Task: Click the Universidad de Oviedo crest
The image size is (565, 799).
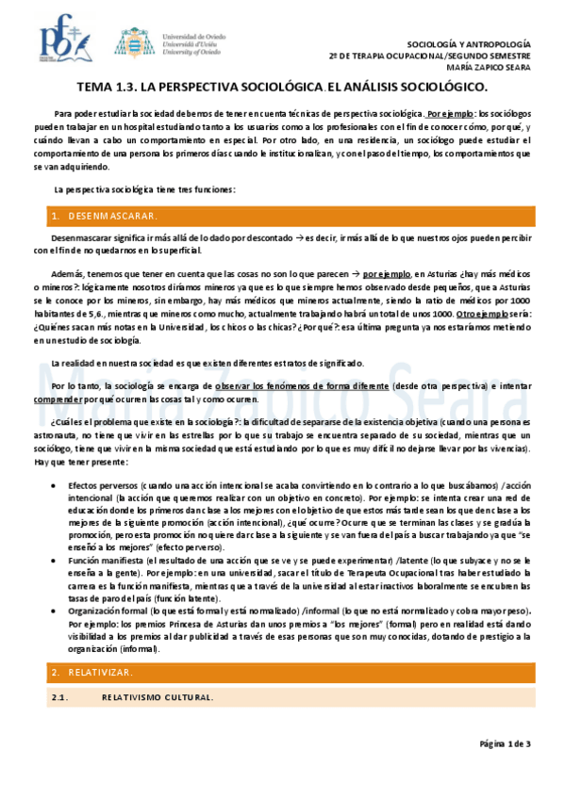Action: pos(131,42)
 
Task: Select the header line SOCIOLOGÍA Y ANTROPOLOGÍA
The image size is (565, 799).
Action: pos(468,44)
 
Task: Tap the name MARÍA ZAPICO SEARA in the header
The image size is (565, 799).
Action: pos(485,67)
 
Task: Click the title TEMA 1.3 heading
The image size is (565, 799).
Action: pos(282,88)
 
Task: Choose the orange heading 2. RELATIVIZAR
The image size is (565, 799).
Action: pos(92,672)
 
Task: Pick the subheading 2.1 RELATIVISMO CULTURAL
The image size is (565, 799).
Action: pos(132,697)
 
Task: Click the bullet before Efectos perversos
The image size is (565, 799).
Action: pos(63,483)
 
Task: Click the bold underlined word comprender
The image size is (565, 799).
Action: pos(57,399)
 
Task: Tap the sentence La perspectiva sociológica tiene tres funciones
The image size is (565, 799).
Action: pos(143,189)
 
